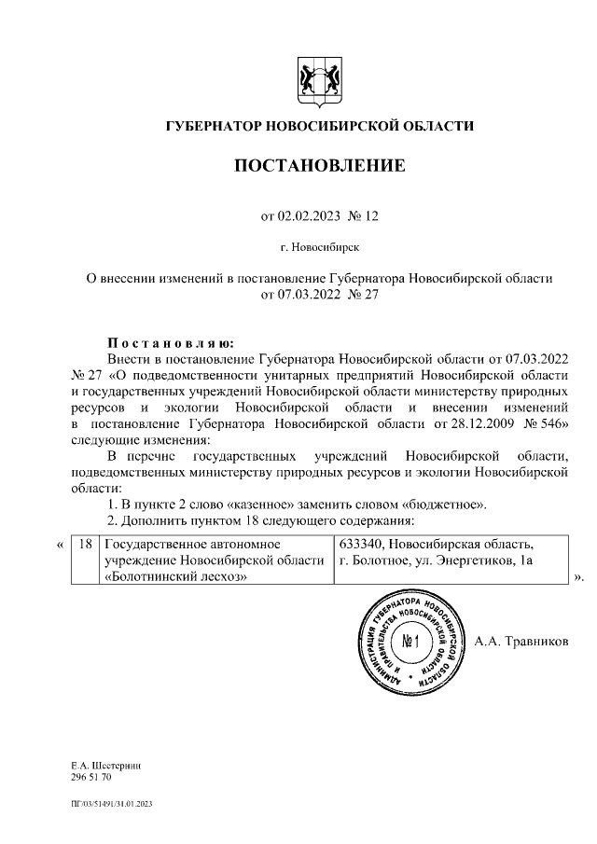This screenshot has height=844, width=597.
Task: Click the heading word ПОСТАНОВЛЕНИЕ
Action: click(x=319, y=167)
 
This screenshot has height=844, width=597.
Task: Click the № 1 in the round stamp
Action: click(x=411, y=642)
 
